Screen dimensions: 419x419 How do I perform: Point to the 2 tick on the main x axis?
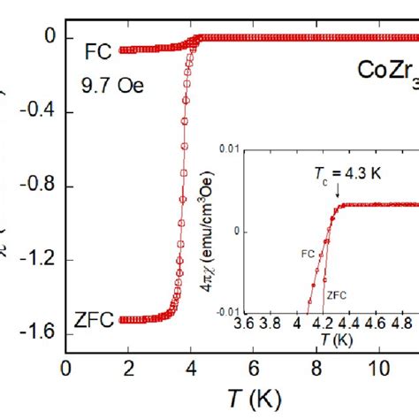(127, 366)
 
